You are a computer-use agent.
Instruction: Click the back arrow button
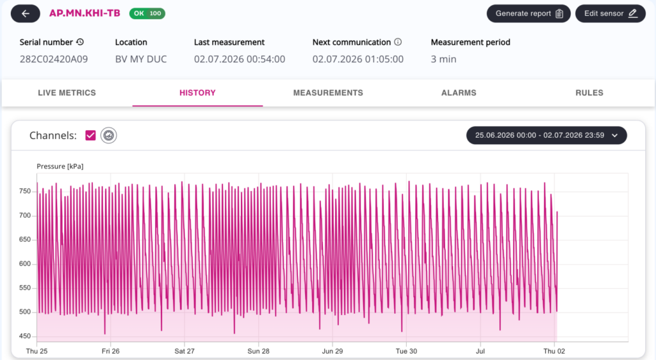tap(26, 13)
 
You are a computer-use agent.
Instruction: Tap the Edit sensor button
tap(611, 13)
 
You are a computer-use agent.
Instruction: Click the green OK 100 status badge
tap(147, 13)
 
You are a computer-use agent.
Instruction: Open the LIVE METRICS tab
tap(67, 93)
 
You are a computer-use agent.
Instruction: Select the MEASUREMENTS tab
tap(328, 93)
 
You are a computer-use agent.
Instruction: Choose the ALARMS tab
tap(459, 93)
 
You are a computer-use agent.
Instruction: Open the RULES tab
tap(589, 93)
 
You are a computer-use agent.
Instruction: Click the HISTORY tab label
tap(197, 93)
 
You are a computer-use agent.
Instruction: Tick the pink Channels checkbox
tap(90, 135)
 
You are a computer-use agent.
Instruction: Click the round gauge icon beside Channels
tap(109, 135)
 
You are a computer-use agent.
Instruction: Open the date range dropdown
tap(546, 135)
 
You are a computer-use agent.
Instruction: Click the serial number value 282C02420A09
tap(54, 60)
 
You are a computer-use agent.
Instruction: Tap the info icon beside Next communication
tap(398, 42)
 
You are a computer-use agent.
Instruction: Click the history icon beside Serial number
tap(80, 42)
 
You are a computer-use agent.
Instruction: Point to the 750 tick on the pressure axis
tap(25, 191)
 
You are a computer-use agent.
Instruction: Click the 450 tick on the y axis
tap(25, 336)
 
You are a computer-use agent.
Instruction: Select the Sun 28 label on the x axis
tap(258, 351)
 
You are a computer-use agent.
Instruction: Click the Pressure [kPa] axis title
tap(60, 167)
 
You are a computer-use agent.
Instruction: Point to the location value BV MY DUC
tap(141, 60)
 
